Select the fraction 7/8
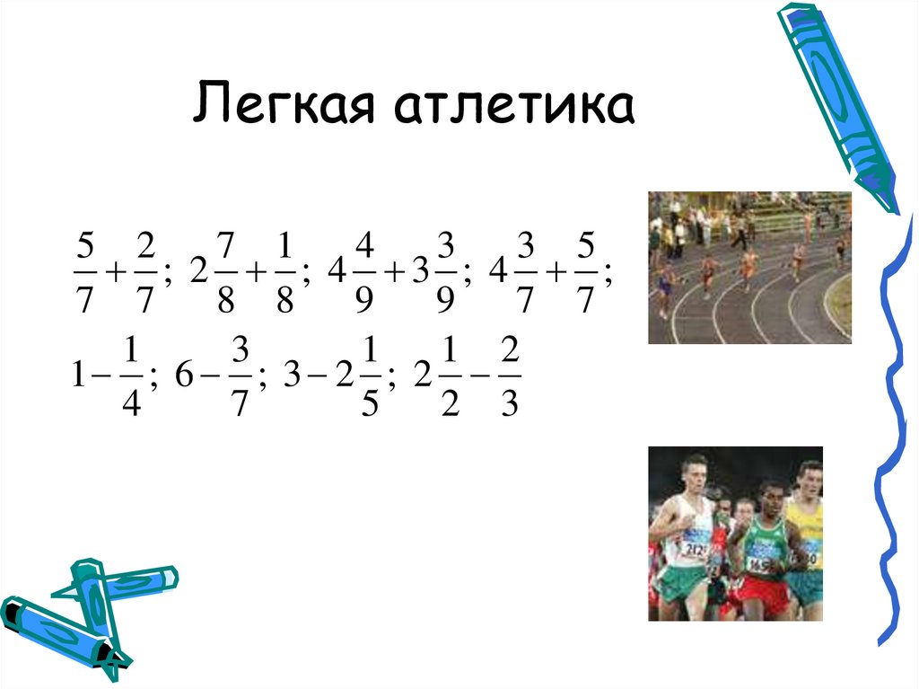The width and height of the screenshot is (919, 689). [x=225, y=271]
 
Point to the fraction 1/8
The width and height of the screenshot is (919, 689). [x=284, y=271]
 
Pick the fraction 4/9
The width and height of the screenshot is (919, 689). [x=363, y=271]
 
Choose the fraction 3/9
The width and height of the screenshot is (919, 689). [x=445, y=271]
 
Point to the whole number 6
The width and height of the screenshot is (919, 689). [x=184, y=378]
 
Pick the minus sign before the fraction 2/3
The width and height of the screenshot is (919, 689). [x=480, y=378]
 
